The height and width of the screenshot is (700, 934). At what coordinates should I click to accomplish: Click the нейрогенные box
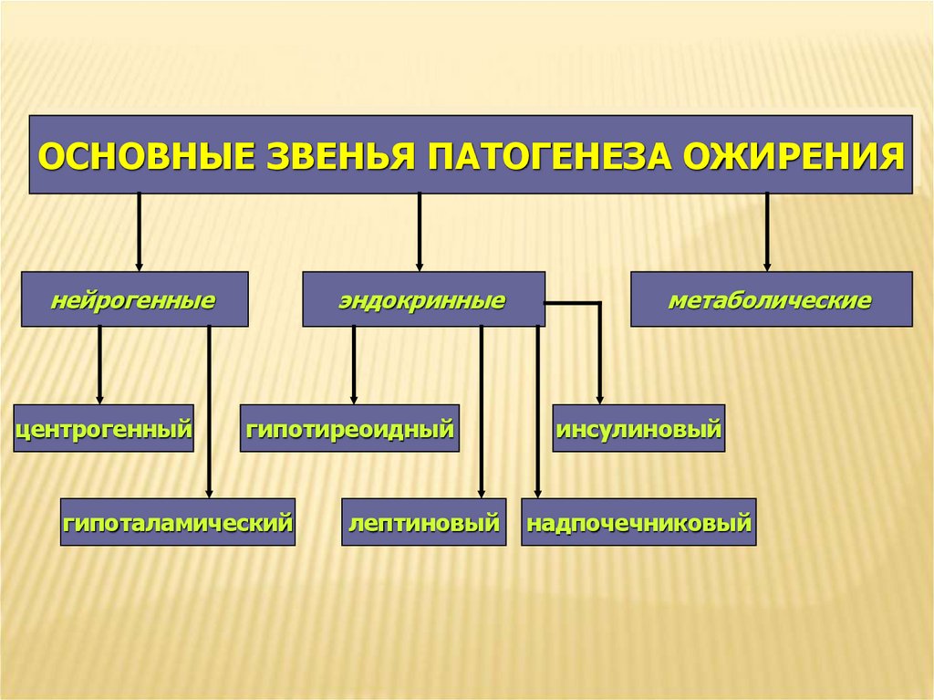click(x=134, y=299)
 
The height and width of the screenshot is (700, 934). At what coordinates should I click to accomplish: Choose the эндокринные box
click(x=423, y=299)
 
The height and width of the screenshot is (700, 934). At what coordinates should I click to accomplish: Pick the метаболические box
click(x=771, y=299)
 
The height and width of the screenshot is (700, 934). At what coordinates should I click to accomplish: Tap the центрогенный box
click(x=104, y=428)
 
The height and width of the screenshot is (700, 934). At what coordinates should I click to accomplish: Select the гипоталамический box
click(x=178, y=522)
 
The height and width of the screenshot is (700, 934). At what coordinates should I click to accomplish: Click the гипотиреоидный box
click(x=349, y=428)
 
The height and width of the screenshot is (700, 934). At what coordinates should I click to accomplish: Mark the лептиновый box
click(x=424, y=522)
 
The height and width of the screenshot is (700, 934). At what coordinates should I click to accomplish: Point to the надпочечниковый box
click(x=638, y=522)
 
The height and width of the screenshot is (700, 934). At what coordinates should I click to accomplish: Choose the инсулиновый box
click(x=638, y=428)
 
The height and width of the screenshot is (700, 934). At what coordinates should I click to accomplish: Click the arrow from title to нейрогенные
click(x=139, y=232)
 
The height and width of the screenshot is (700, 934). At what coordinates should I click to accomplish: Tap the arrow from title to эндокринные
click(x=419, y=232)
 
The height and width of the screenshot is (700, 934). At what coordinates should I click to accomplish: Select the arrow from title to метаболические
click(x=767, y=232)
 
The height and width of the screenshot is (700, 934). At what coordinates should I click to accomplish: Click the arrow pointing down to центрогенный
click(x=99, y=365)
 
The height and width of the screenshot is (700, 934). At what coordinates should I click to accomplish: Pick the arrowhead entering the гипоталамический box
click(x=209, y=492)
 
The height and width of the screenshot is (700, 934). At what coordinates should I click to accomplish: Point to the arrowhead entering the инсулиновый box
click(x=600, y=398)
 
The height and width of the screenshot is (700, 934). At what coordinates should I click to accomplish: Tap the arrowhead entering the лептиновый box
click(x=481, y=492)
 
